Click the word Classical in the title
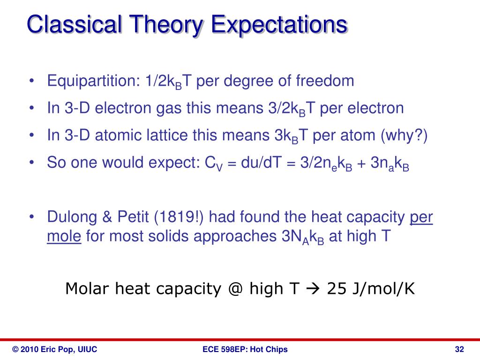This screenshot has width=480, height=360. coord(75,24)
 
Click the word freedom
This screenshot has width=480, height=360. coord(325,81)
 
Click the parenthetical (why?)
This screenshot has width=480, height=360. coord(404,135)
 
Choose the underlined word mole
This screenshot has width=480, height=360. coord(64,237)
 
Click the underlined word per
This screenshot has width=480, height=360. coord(421,217)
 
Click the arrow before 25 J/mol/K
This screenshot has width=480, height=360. coord(312,289)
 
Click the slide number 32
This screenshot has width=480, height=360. coord(459,349)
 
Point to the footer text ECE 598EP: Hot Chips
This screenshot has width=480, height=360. coord(245,349)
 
